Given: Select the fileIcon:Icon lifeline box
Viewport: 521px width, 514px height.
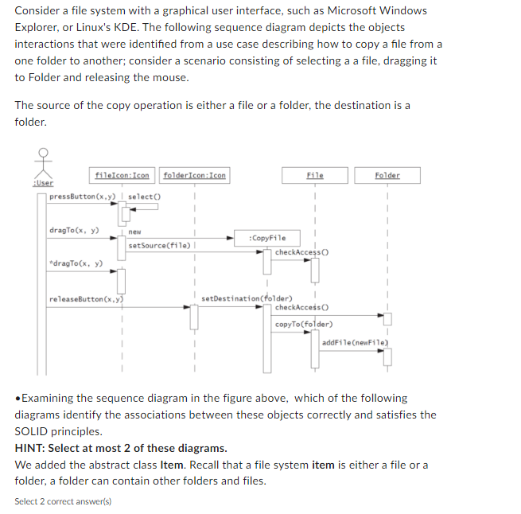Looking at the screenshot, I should tap(122, 175).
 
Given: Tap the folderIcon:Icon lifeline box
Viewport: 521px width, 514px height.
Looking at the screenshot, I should tap(194, 175).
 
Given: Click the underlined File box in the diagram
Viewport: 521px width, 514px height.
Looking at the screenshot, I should tap(314, 175).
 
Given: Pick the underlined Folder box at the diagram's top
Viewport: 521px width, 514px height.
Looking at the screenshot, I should tap(387, 175).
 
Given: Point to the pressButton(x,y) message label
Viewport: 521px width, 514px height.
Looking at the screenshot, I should tap(82, 197).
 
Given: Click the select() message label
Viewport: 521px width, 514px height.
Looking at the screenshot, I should tap(144, 197).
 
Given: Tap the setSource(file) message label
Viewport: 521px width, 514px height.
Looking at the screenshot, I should tap(158, 245).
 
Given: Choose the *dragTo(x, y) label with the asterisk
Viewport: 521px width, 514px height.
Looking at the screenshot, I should tap(76, 263).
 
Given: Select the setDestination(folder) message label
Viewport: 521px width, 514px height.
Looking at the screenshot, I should tap(247, 299).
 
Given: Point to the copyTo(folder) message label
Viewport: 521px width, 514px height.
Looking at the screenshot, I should tap(304, 324).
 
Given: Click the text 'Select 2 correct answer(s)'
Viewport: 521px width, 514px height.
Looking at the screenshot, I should tap(63, 501).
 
